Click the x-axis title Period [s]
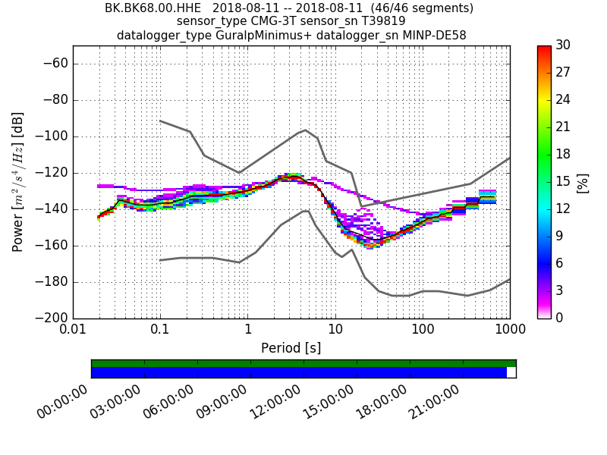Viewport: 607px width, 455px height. point(291,348)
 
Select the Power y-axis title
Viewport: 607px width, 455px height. point(18,182)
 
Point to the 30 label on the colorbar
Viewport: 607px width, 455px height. point(564,45)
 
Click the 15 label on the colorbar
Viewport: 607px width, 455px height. point(564,182)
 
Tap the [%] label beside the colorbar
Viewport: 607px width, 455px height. point(582,182)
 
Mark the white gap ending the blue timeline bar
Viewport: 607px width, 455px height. point(511,372)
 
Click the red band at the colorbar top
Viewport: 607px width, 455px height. point(544,49)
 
